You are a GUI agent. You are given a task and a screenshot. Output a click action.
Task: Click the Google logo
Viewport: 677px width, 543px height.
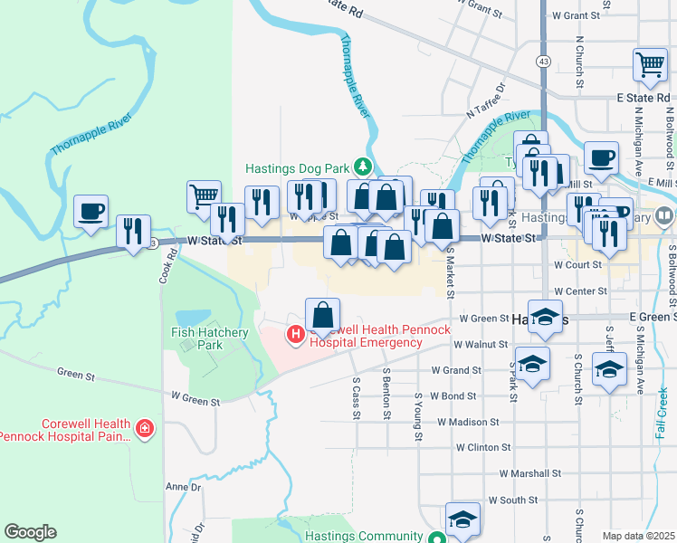[x=30, y=532]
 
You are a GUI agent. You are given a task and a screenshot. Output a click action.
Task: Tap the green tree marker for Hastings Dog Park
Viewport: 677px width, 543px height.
[x=362, y=167]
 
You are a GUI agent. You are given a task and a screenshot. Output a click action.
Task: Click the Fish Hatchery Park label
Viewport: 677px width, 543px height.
[x=210, y=338]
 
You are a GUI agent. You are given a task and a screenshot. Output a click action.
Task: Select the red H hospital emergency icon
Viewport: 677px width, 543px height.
[x=295, y=336]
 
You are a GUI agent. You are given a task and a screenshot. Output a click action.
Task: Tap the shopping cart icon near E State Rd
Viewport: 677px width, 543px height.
[x=650, y=65]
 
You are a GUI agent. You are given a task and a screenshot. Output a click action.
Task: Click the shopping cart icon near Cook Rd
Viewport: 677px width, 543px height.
[x=204, y=195]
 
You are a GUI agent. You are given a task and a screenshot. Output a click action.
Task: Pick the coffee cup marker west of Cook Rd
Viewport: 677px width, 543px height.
[x=91, y=211]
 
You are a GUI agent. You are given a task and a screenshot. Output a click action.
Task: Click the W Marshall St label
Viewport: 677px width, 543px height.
[x=530, y=473]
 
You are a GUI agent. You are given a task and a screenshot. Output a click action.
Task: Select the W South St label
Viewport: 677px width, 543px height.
[x=512, y=500]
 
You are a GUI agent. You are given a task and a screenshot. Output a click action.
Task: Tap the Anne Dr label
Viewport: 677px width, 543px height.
[x=182, y=487]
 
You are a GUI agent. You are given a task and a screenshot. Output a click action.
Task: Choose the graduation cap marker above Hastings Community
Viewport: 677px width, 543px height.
[x=462, y=519]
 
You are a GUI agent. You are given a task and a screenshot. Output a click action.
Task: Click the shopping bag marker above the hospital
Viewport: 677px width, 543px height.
[x=322, y=315]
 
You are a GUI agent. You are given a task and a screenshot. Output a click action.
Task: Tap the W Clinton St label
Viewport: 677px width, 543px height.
[x=483, y=447]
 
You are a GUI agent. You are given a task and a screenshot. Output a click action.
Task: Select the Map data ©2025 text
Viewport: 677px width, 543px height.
[x=637, y=536]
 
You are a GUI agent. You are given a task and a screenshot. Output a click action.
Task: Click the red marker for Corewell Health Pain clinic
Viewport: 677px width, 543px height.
[x=143, y=426]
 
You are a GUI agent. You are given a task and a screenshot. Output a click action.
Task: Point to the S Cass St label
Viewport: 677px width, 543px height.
[x=357, y=399]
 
